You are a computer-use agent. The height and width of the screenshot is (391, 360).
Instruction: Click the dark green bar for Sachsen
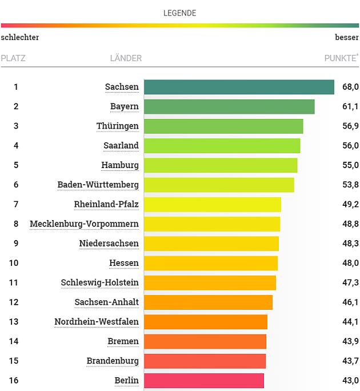click(x=239, y=87)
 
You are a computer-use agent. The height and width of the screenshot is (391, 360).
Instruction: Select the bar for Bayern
click(x=229, y=107)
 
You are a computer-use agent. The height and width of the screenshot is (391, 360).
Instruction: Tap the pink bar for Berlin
click(x=204, y=381)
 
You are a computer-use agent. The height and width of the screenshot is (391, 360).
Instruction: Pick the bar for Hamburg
click(x=221, y=165)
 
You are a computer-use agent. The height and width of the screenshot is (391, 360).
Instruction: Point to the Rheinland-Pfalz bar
click(x=213, y=205)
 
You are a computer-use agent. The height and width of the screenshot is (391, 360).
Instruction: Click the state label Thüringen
click(x=117, y=126)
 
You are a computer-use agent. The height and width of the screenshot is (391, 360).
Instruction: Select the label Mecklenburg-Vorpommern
click(x=84, y=224)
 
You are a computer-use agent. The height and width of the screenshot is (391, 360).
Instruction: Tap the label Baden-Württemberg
click(x=98, y=185)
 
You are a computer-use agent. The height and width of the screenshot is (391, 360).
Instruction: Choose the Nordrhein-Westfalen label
click(x=96, y=322)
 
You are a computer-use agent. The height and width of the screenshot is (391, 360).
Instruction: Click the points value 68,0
click(x=350, y=87)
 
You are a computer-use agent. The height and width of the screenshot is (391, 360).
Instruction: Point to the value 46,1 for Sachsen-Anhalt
click(x=350, y=302)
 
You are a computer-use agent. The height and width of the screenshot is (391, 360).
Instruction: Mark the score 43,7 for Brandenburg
click(x=350, y=361)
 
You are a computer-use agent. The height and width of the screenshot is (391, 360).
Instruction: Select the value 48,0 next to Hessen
click(x=350, y=263)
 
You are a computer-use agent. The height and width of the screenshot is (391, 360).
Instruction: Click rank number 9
click(x=16, y=244)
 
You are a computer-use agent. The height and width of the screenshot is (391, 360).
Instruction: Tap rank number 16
click(x=16, y=381)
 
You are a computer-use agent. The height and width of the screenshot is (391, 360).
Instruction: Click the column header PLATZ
click(x=13, y=58)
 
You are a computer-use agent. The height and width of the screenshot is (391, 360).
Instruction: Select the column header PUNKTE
click(x=341, y=58)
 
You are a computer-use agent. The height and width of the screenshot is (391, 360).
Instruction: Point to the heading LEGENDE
click(x=179, y=13)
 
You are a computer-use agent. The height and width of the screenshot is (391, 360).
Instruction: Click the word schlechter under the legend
click(x=20, y=37)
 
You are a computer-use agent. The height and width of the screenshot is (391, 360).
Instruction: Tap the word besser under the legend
click(x=347, y=37)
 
